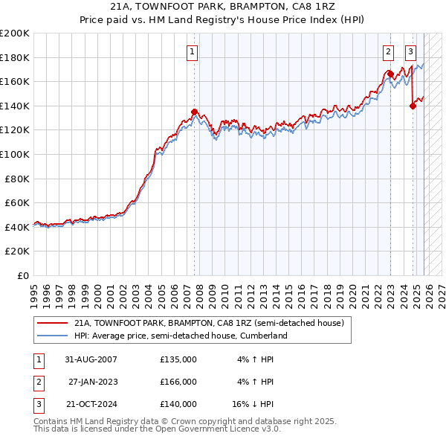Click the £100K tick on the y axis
[x=15, y=154]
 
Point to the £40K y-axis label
[x=17, y=227]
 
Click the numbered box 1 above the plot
[x=192, y=52]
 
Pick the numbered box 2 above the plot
[x=388, y=52]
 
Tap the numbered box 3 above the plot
[x=410, y=52]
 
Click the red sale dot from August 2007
[x=195, y=112]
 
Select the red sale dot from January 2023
[x=390, y=74]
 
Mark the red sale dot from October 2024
[x=413, y=106]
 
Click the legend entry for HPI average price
[x=180, y=336]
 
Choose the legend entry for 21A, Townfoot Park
[x=208, y=324]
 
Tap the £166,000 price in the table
[x=178, y=382]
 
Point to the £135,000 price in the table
[x=178, y=359]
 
